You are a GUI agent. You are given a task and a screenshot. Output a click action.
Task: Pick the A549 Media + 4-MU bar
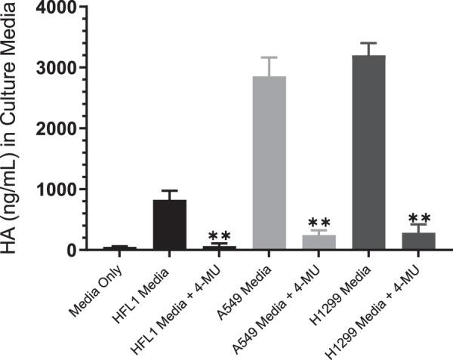click(319, 242)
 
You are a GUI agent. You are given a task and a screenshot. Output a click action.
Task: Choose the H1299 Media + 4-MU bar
click(418, 242)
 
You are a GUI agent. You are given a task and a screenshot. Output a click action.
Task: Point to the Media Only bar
click(120, 248)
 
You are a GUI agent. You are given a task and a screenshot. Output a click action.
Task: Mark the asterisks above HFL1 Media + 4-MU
click(220, 235)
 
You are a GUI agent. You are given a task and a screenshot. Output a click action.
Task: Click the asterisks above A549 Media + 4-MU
click(319, 223)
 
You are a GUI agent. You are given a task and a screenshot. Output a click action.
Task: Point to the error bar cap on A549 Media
click(269, 57)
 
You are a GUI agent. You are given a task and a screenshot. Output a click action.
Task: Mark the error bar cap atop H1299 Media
click(368, 44)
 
